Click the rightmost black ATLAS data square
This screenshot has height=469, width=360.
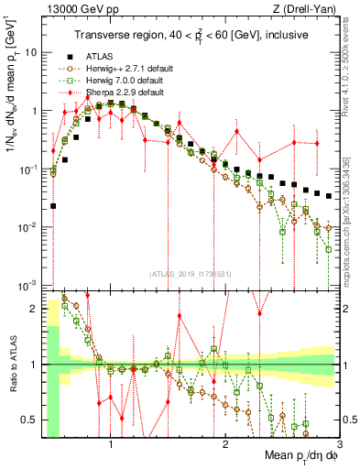coord(329,195)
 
